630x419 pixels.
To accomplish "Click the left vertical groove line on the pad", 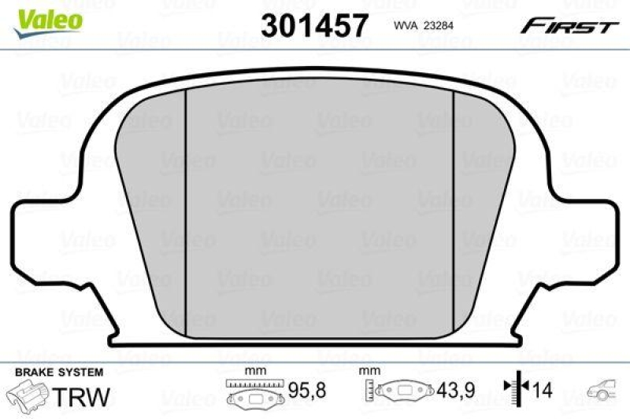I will [x=184, y=212].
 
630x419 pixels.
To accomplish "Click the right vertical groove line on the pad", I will [x=454, y=212].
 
